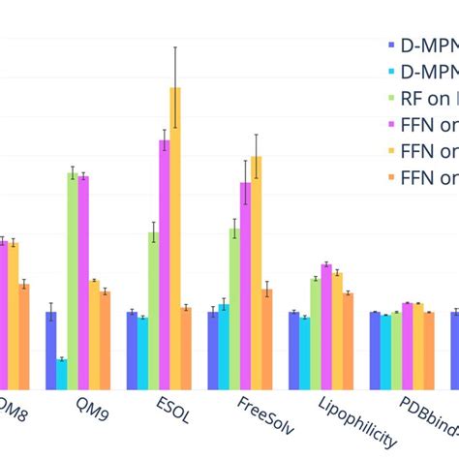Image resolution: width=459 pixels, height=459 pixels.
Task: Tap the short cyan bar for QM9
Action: tap(62, 374)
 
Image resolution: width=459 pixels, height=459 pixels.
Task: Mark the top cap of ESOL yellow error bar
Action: tap(175, 46)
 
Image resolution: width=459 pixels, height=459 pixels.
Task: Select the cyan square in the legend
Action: tap(390, 72)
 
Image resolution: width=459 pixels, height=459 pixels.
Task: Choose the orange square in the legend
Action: tap(390, 177)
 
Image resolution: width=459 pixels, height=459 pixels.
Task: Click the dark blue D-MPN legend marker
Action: tap(390, 46)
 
